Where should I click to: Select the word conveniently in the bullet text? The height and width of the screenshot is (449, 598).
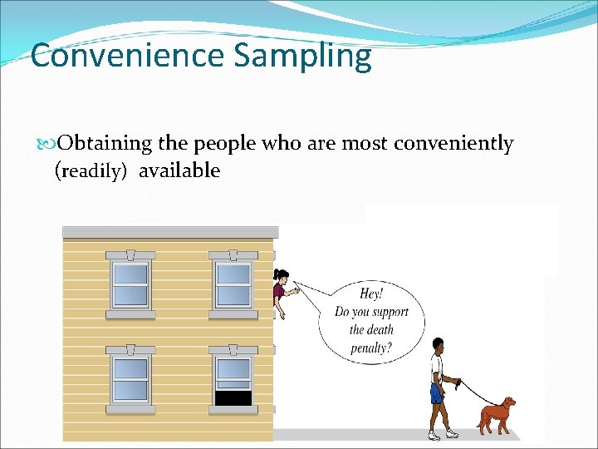(453, 144)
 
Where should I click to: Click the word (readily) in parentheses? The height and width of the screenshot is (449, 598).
(92, 171)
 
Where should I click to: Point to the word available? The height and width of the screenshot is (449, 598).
(179, 170)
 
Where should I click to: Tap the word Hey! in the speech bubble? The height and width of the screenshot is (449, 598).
(371, 294)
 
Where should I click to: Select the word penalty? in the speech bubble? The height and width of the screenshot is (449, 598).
(370, 348)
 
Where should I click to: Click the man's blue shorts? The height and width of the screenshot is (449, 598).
(436, 392)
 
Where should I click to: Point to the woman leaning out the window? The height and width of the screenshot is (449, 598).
(282, 291)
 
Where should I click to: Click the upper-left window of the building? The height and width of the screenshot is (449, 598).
(130, 284)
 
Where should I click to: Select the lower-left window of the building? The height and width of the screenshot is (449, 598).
(130, 380)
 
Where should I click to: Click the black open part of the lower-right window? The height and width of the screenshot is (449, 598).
(233, 398)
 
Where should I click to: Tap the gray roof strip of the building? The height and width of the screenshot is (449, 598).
(170, 232)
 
